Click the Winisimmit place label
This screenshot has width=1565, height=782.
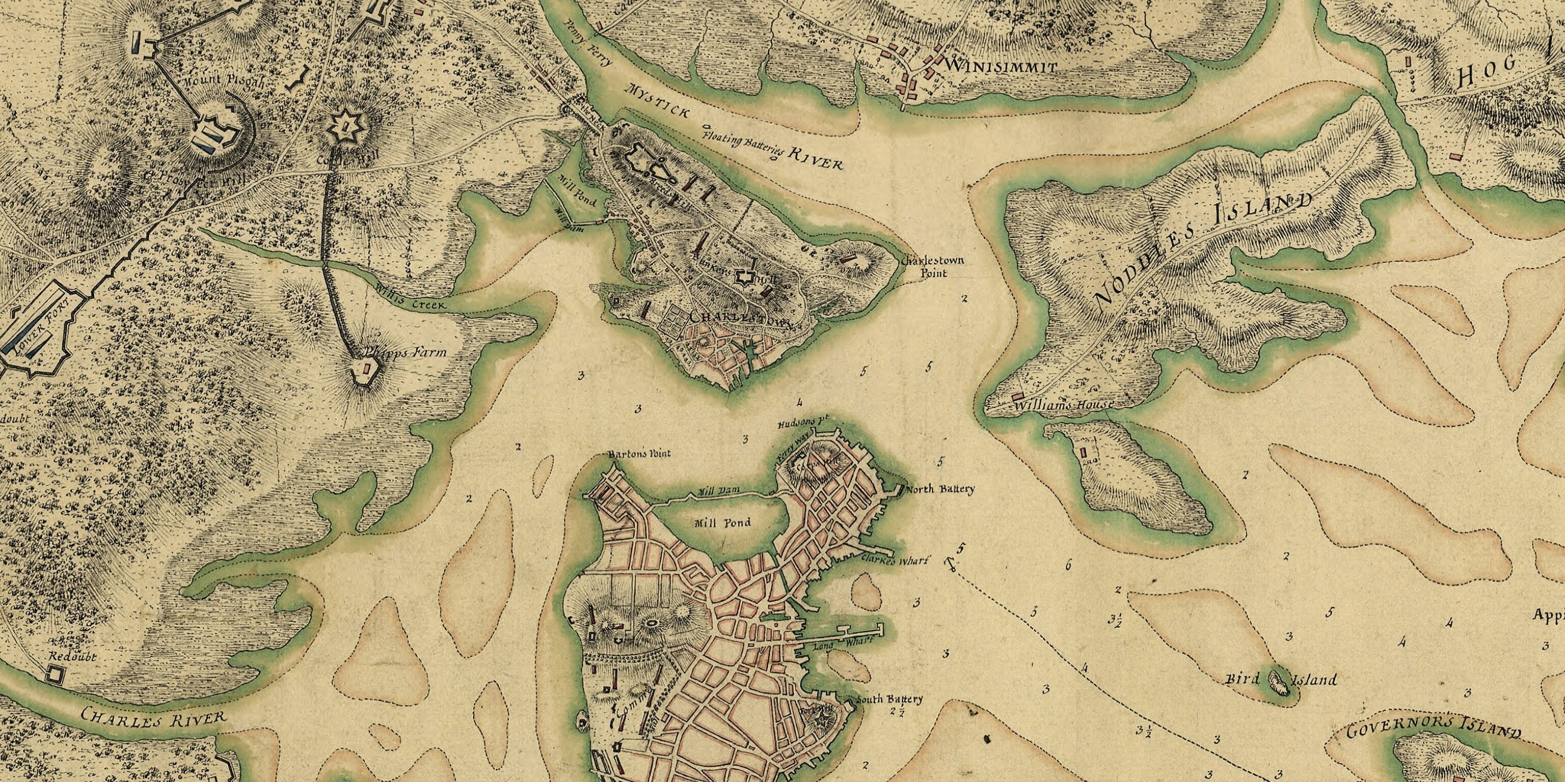[x=1001, y=66]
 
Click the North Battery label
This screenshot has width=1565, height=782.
[x=940, y=489]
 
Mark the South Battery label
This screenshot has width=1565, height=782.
[x=889, y=700]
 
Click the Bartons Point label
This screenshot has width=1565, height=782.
[x=639, y=454]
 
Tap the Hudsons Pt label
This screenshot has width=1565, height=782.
[x=803, y=423]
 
